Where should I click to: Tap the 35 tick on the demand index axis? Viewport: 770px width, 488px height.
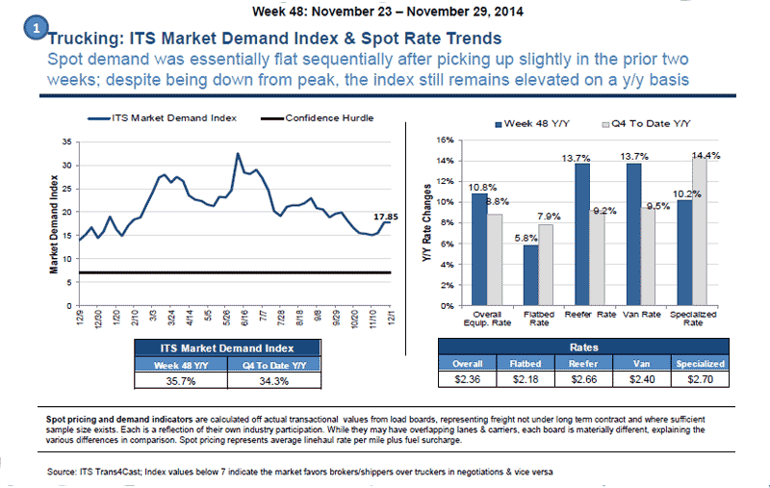tap(65, 141)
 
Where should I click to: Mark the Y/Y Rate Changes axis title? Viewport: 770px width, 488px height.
tap(425, 222)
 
